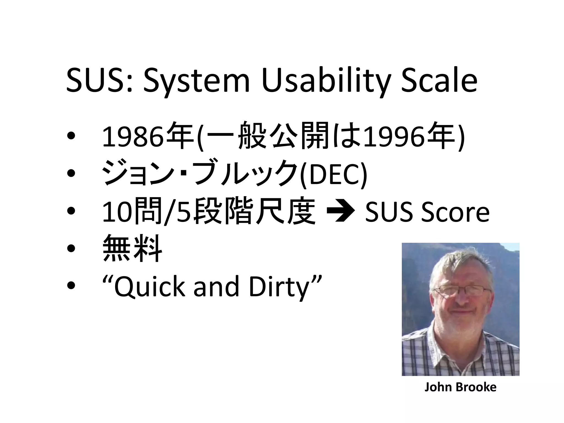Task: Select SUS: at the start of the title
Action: pyautogui.click(x=100, y=81)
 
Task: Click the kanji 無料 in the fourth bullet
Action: pyautogui.click(x=132, y=248)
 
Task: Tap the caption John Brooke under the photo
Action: pyautogui.click(x=460, y=387)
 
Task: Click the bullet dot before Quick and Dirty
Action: pyautogui.click(x=71, y=286)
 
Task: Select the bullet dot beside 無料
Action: pyautogui.click(x=71, y=248)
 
